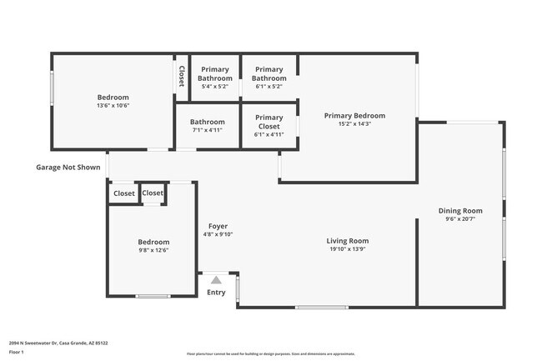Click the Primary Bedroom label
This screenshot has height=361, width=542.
pos(354,115)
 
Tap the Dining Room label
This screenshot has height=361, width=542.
pos(460,211)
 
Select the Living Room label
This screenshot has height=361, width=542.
pos(347,241)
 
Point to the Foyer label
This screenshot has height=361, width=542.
pos(218,226)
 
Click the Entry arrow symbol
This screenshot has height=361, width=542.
pos(216,280)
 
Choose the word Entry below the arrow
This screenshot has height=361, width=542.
pos(216,292)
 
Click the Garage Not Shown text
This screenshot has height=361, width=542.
pos(68,167)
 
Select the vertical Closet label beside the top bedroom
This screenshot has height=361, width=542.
pos(181,77)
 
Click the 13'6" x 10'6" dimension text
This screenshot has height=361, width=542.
pos(113,105)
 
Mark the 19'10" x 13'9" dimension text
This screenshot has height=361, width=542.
pos(347,249)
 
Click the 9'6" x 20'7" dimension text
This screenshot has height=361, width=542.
pos(460,219)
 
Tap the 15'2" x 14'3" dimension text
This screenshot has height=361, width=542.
pos(354,123)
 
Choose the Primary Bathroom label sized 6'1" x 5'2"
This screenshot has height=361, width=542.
pos(268,74)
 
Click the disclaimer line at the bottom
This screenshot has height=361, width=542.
pos(271,355)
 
